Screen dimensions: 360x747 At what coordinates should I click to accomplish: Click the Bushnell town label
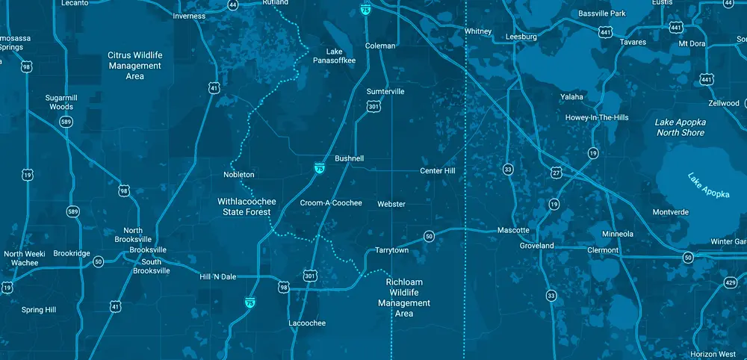click(349, 159)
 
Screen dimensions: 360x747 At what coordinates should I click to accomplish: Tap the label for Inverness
click(188, 16)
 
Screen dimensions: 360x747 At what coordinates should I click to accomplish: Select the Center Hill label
click(442, 171)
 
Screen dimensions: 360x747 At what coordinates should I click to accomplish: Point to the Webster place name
click(391, 204)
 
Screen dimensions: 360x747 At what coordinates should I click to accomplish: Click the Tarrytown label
click(391, 250)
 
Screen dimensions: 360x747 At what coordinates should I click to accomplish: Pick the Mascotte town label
click(513, 230)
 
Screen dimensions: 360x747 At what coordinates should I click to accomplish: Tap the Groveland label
click(537, 246)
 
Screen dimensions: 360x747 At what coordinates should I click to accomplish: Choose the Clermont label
click(603, 250)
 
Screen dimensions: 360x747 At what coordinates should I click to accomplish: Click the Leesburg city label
click(521, 36)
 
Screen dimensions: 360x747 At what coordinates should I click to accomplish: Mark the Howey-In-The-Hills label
click(597, 117)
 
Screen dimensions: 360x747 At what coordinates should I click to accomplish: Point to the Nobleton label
click(239, 175)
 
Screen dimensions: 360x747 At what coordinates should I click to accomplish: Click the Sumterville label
click(385, 91)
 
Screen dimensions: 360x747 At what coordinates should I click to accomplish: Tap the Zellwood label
click(724, 103)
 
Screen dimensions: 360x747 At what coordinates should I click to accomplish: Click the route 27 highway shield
click(556, 173)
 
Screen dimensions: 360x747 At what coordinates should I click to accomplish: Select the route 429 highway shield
click(730, 282)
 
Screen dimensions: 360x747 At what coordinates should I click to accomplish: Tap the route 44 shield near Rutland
click(234, 4)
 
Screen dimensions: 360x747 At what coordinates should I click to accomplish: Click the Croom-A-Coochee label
click(330, 203)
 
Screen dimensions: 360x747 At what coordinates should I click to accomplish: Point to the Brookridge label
click(72, 254)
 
